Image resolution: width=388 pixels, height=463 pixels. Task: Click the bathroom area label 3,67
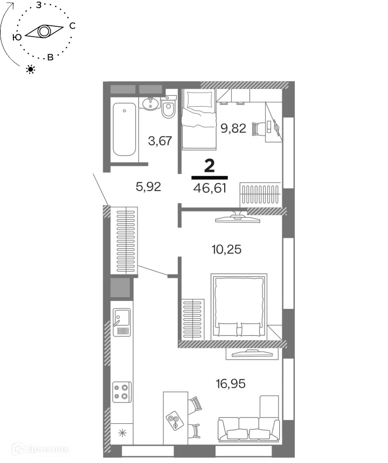(160, 141)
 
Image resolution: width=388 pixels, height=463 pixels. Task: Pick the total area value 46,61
(210, 188)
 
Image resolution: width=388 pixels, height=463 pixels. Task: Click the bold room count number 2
(210, 165)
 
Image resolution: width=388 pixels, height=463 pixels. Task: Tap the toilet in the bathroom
(169, 108)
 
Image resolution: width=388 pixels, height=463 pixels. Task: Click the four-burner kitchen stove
(121, 391)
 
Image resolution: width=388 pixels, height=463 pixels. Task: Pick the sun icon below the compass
(31, 69)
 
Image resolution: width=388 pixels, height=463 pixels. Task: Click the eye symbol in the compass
(43, 32)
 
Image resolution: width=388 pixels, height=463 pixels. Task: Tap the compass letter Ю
(17, 37)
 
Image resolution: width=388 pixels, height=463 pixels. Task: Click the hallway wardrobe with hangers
(124, 241)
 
